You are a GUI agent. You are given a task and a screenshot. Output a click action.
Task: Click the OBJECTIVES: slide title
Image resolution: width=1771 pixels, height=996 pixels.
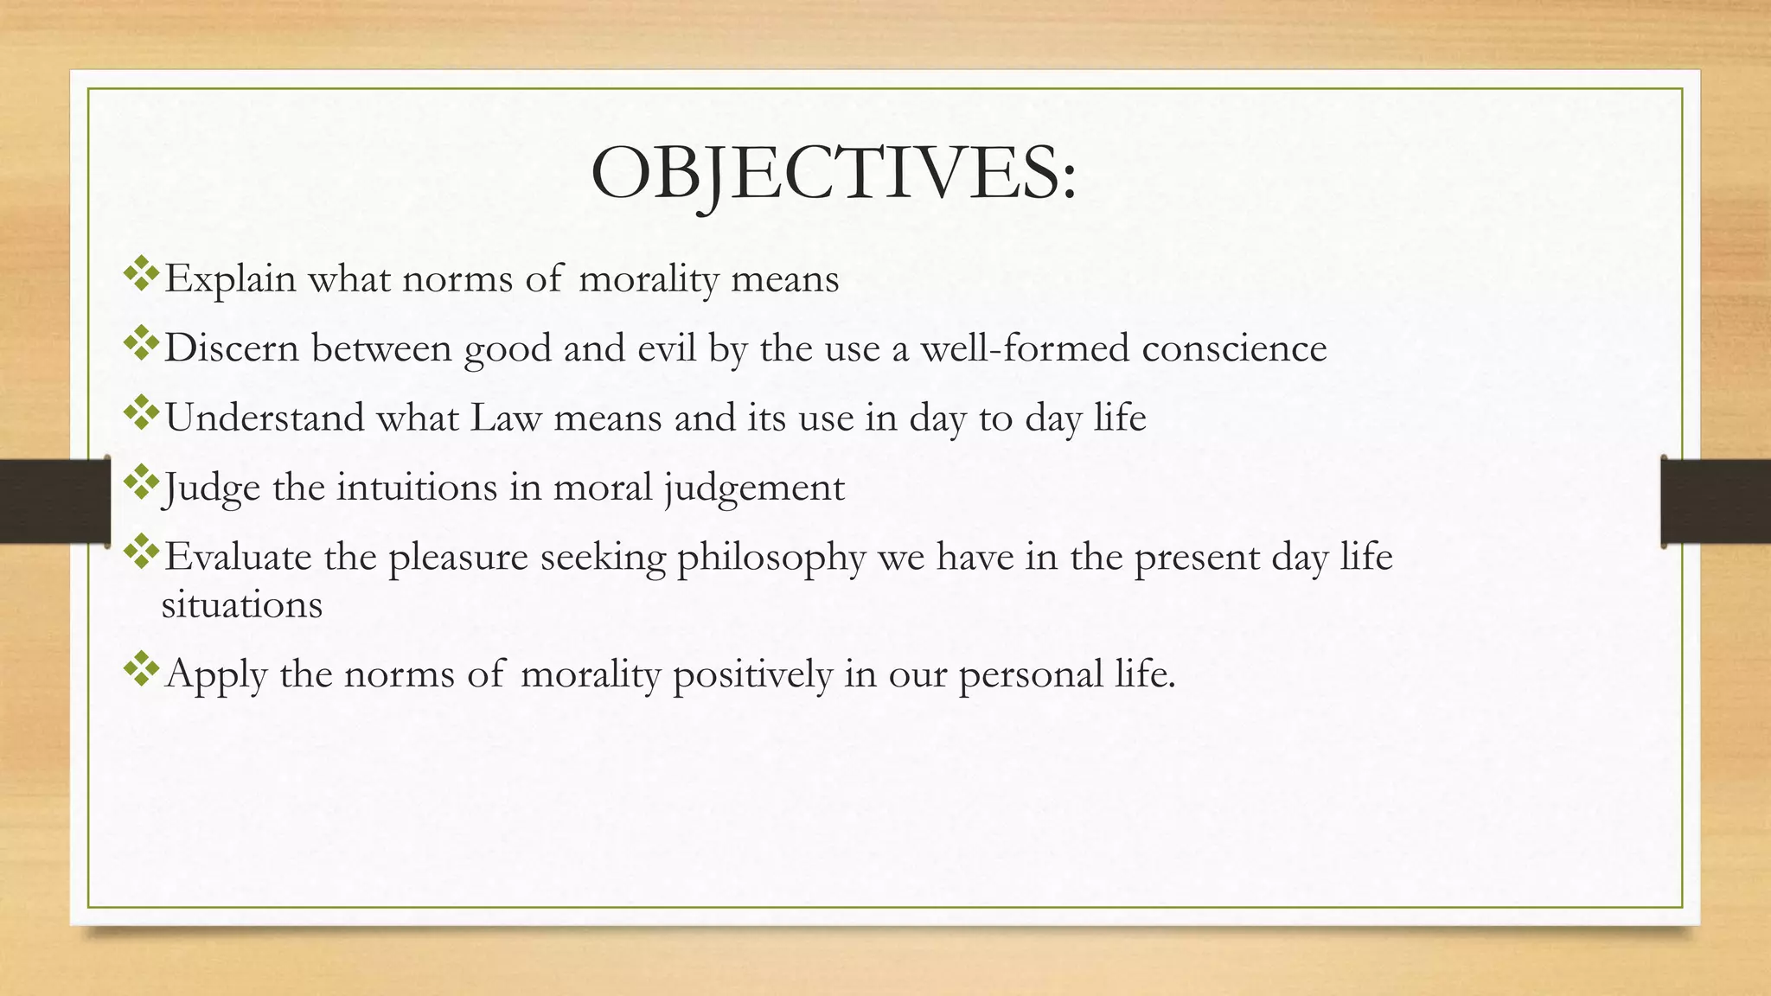(834, 173)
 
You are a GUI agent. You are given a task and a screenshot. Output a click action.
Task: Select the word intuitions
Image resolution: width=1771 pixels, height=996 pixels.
(417, 488)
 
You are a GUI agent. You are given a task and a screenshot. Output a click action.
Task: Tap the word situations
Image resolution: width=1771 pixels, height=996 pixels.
(242, 604)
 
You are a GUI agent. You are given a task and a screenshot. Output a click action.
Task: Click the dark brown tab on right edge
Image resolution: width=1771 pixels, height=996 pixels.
(1716, 501)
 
